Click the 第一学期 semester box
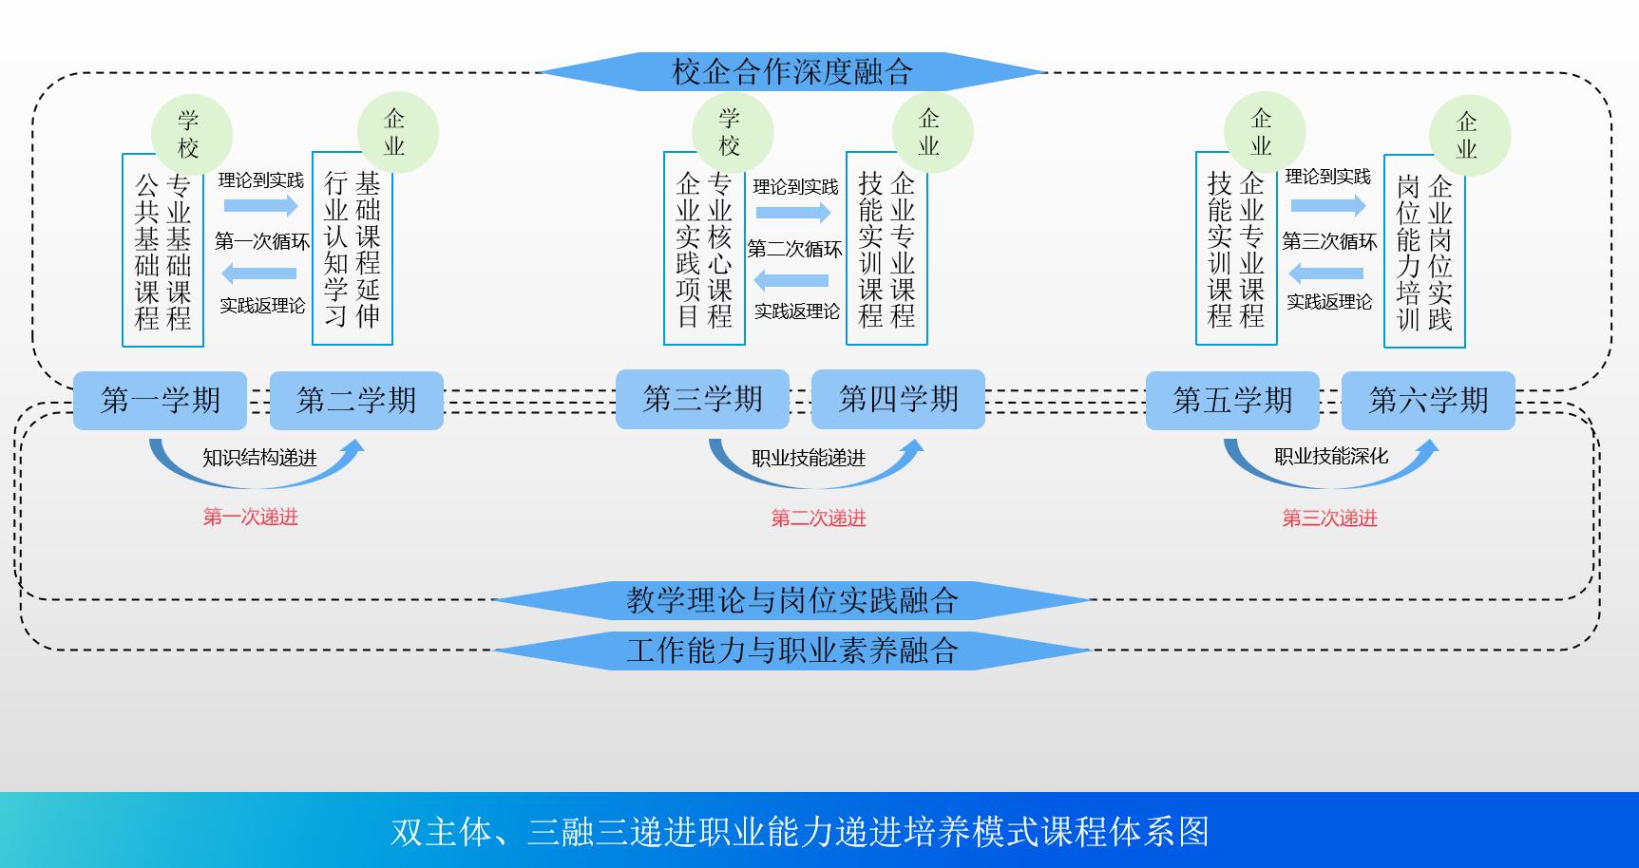click(x=160, y=400)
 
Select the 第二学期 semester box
click(x=356, y=400)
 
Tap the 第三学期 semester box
click(x=702, y=399)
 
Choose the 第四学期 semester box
click(x=898, y=399)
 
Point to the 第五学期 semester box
click(x=1232, y=400)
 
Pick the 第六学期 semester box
click(x=1428, y=400)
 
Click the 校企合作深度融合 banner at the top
click(x=791, y=71)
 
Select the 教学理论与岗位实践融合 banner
click(x=791, y=600)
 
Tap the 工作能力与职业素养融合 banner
click(x=791, y=651)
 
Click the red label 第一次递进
click(x=250, y=517)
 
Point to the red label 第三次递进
click(x=1329, y=518)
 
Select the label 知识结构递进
click(x=259, y=458)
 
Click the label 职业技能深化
click(x=1331, y=456)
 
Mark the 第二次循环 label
click(x=794, y=249)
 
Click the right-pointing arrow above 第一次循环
click(x=260, y=205)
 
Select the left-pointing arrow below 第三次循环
click(x=1326, y=274)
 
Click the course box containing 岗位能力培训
click(x=1424, y=252)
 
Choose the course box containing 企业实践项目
click(x=704, y=249)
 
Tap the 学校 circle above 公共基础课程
click(x=191, y=134)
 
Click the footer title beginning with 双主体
click(x=800, y=831)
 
